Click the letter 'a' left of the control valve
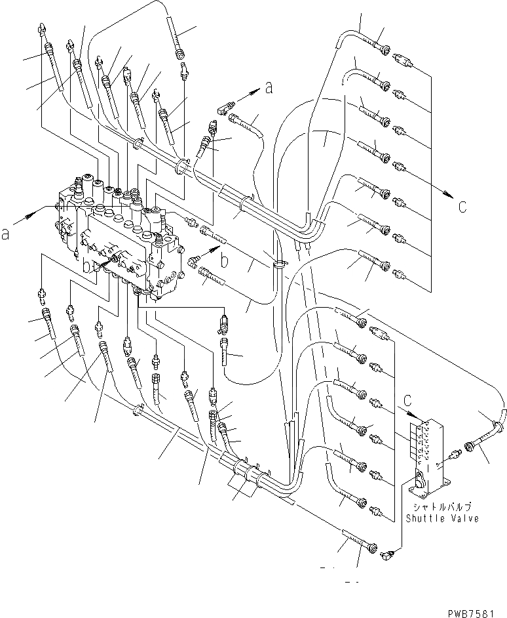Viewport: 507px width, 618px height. [x=7, y=234]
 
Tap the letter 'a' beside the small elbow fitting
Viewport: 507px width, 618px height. [x=268, y=87]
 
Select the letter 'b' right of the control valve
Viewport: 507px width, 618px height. [x=225, y=262]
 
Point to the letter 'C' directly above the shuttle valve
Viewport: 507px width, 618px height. [x=408, y=398]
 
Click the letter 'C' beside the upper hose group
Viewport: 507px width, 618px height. [x=462, y=207]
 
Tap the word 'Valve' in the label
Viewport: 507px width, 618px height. [x=463, y=518]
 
